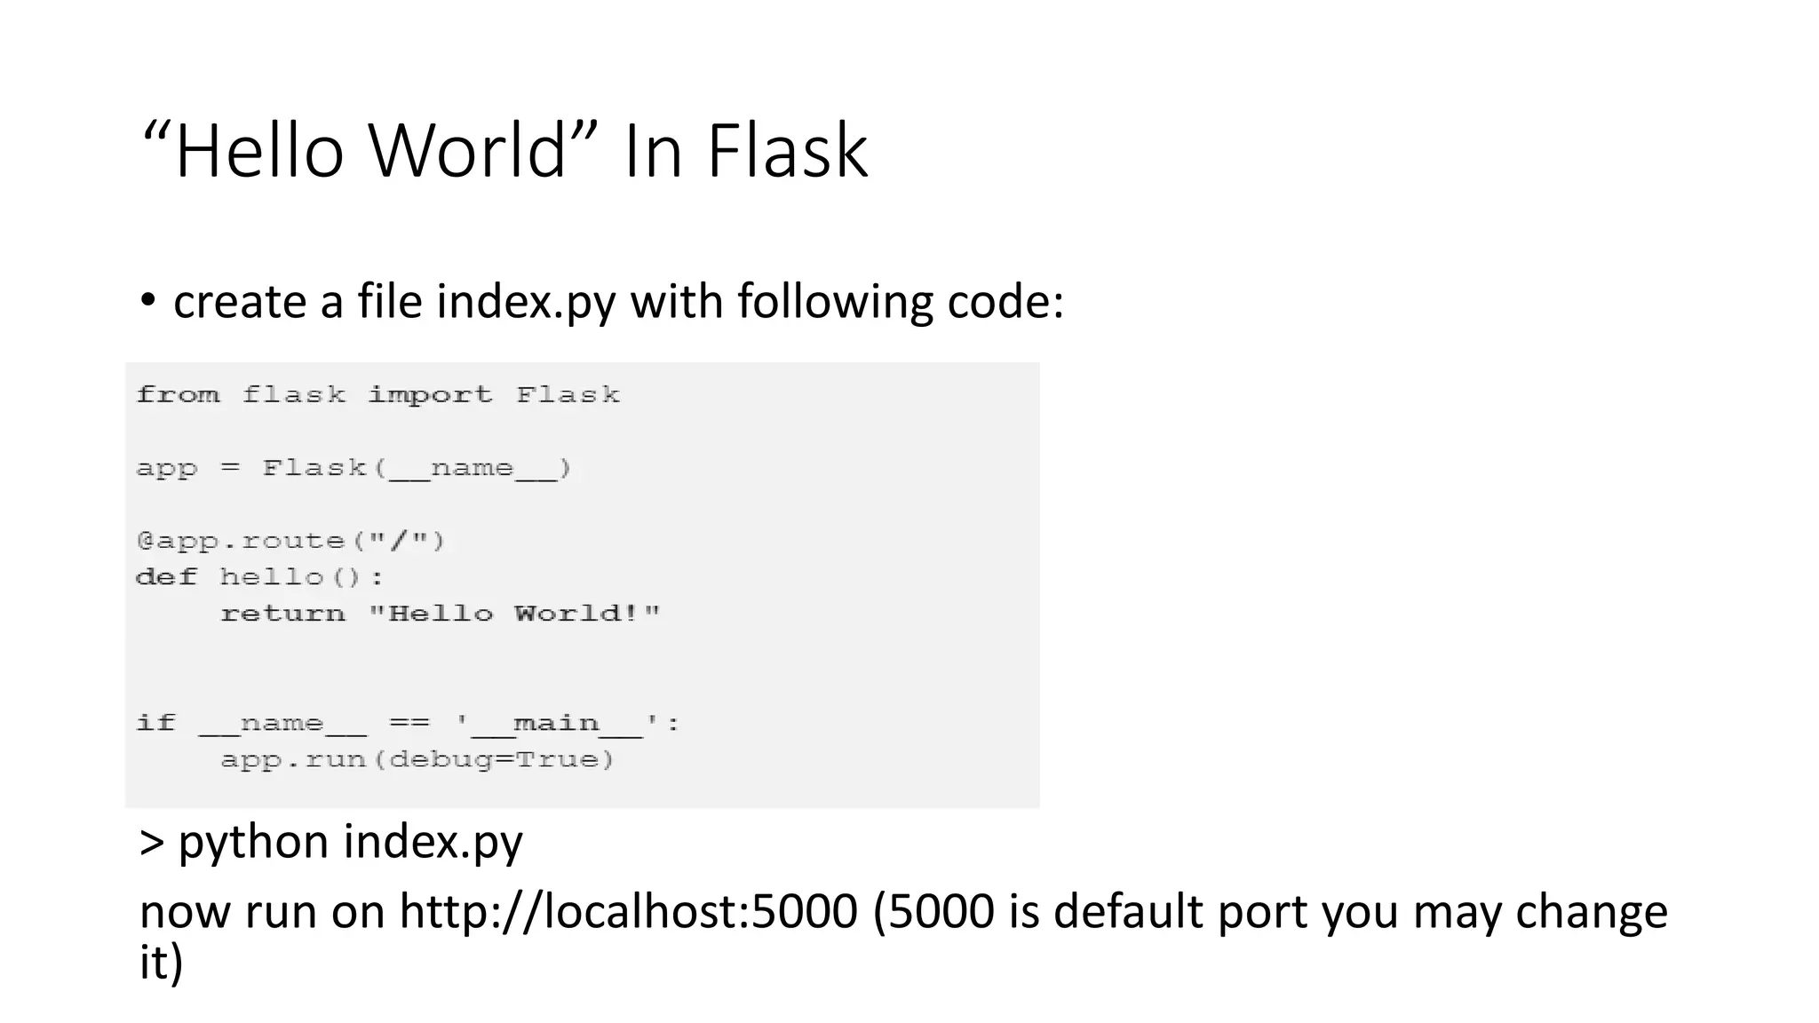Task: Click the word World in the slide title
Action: pos(467,151)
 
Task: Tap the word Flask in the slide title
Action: pos(787,151)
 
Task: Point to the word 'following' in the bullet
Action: pos(835,302)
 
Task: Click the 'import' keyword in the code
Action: pos(430,394)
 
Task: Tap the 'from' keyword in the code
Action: pos(178,394)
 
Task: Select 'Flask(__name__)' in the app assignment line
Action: pos(417,468)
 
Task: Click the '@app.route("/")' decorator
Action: pos(290,541)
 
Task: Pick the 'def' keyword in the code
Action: pos(166,577)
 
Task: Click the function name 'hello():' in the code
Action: pos(302,577)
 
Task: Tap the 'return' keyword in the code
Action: pos(282,614)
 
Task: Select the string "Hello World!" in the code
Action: pos(514,614)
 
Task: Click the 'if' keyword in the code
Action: pos(156,723)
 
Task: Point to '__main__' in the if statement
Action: pos(557,724)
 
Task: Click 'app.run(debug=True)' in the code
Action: pos(417,760)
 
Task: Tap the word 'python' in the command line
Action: pos(253,842)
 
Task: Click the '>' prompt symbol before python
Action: pos(152,842)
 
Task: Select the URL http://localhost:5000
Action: pos(628,912)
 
